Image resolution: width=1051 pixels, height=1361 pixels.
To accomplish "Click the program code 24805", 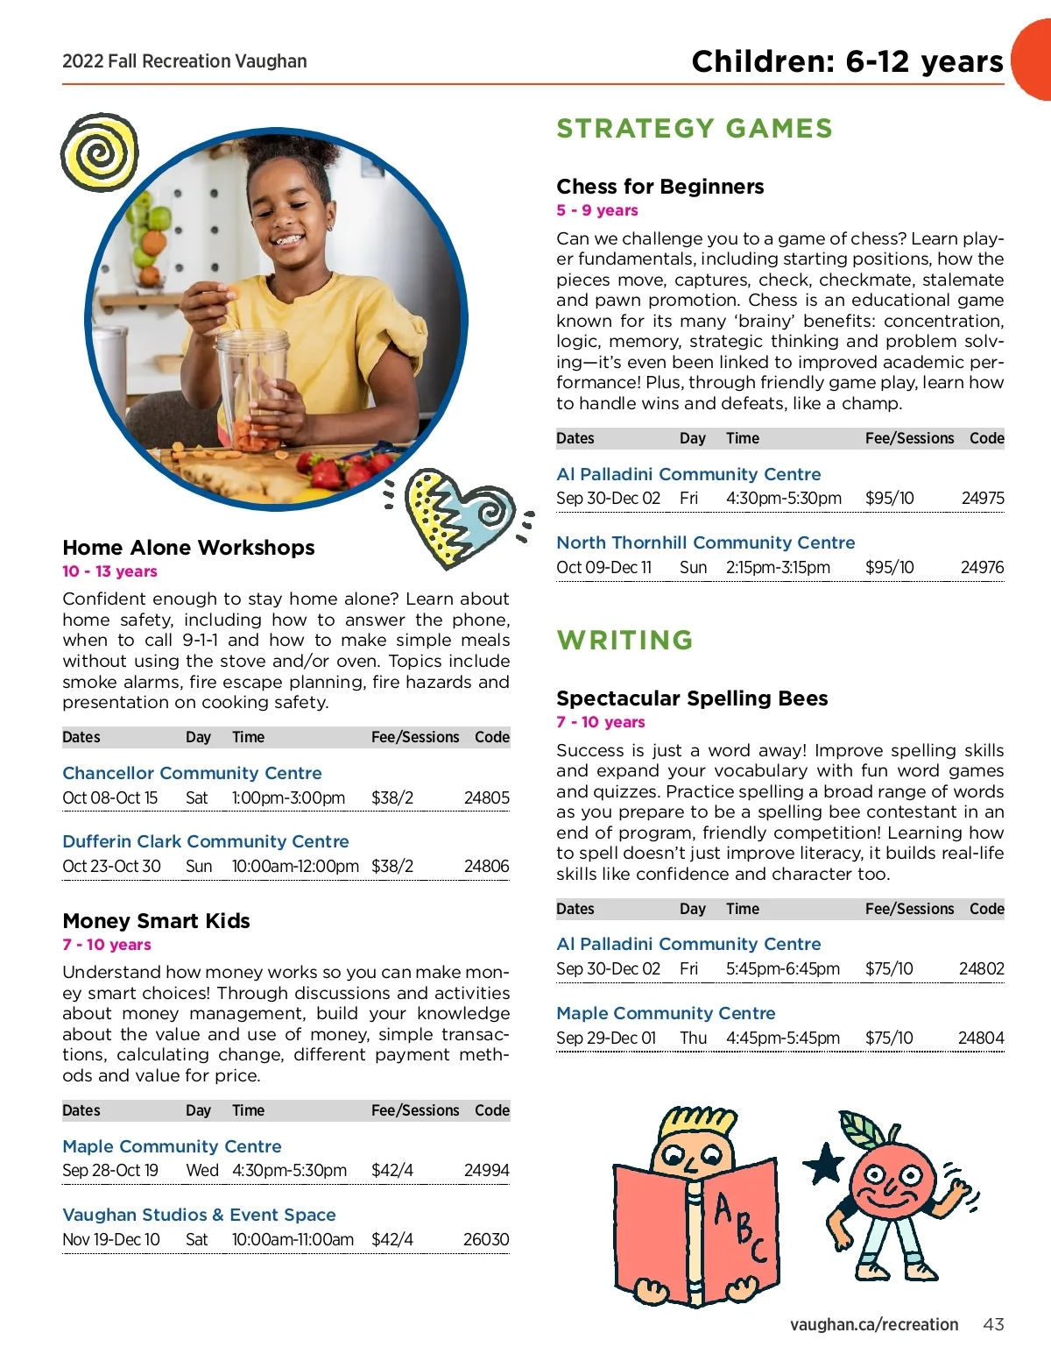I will point(486,798).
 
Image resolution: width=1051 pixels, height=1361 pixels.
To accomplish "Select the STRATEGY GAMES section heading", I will point(695,129).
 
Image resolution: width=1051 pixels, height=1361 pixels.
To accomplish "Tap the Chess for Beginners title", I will point(660,187).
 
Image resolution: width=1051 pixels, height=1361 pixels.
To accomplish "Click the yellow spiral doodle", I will point(100,152).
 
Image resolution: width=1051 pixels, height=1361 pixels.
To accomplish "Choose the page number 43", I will point(993,1324).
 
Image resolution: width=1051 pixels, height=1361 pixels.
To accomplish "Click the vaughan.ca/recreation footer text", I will point(873,1324).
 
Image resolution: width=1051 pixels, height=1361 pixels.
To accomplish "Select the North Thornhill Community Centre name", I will point(705,542).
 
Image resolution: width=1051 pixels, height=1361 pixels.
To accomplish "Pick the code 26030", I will point(486,1240).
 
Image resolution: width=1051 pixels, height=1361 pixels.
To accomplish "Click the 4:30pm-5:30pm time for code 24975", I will point(783,499).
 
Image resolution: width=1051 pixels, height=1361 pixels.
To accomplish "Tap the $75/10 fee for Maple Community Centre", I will point(888,1038).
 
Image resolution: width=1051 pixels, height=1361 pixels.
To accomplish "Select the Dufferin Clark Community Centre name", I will point(205,841).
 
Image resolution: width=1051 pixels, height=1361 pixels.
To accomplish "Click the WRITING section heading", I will point(624,640).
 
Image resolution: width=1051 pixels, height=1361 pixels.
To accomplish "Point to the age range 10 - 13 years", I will point(109,571).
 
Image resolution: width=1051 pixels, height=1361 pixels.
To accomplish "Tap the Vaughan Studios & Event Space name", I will point(199,1215).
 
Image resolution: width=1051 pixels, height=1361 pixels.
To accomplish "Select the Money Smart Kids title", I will point(156,921).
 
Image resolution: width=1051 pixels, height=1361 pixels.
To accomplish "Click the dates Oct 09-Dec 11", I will point(603,568).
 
